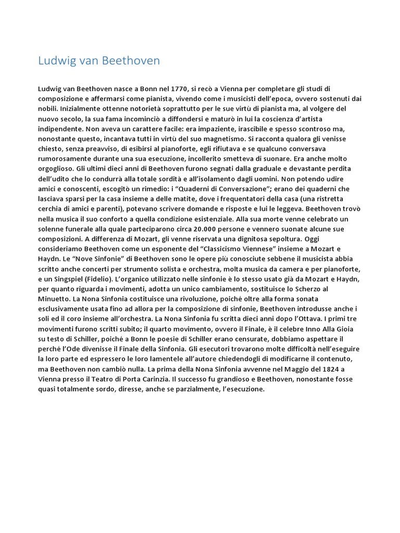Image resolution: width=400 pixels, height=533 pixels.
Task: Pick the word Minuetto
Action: (54, 299)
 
